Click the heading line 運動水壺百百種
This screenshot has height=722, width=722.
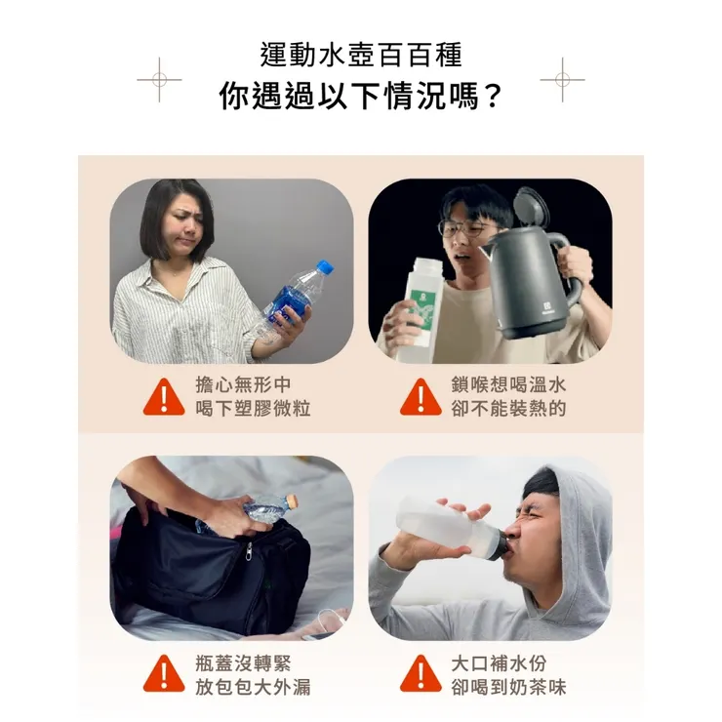pyautogui.click(x=361, y=55)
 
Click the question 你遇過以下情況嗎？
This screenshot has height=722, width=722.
pyautogui.click(x=361, y=97)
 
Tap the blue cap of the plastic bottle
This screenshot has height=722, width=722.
pyautogui.click(x=326, y=266)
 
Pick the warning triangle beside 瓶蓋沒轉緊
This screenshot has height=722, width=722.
pyautogui.click(x=164, y=674)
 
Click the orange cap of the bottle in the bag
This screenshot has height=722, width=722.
pyautogui.click(x=290, y=504)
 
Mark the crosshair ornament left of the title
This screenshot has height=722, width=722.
pyautogui.click(x=159, y=80)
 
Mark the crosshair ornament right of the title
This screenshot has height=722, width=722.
pyautogui.click(x=562, y=80)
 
